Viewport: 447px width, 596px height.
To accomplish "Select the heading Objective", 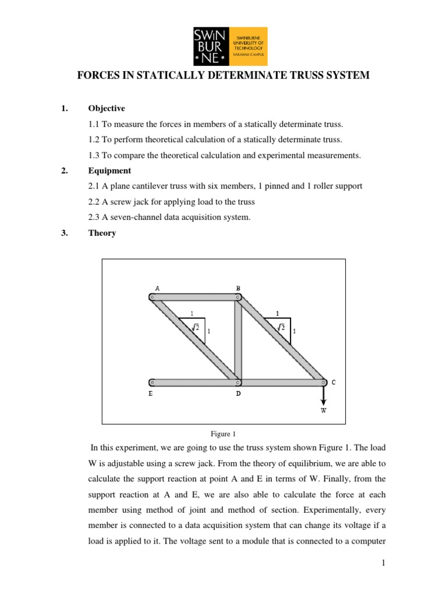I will pos(107,108).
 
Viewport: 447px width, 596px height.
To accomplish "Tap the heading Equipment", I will pos(109,171).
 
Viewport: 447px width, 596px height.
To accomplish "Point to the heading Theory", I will pos(102,233).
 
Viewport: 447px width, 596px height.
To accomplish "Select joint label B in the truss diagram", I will pos(237,288).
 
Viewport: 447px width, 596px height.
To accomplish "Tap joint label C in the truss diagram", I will pos(334,382).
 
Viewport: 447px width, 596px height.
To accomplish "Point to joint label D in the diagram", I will pos(237,393).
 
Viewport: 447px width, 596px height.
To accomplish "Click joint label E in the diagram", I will pos(151,393).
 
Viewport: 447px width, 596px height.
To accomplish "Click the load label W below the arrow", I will pos(324,410).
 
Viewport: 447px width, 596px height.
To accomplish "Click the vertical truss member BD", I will pos(237,340).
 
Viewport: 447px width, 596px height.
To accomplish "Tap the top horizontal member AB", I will pos(195,297).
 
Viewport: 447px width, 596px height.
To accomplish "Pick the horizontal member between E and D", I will pos(195,382).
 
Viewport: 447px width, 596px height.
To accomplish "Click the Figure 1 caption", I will pos(223,434).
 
